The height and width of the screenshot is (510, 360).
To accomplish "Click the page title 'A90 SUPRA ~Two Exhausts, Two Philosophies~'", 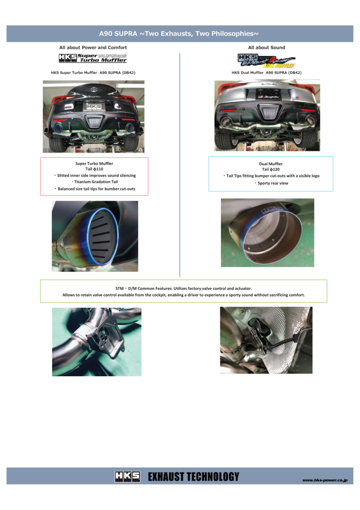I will pyautogui.click(x=179, y=33).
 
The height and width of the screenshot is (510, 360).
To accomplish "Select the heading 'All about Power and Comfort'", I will pyautogui.click(x=93, y=47).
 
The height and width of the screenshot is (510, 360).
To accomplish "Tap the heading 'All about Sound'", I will pyautogui.click(x=266, y=47).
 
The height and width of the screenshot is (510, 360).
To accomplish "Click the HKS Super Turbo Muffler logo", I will pyautogui.click(x=93, y=58).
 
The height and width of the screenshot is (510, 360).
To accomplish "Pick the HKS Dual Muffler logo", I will pyautogui.click(x=266, y=60).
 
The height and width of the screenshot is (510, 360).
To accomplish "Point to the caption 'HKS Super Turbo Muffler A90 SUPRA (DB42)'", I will pyautogui.click(x=93, y=72).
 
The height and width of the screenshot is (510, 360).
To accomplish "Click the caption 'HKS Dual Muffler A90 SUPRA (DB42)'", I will pyautogui.click(x=266, y=72).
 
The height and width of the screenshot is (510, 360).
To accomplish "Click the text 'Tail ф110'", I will pyautogui.click(x=94, y=169).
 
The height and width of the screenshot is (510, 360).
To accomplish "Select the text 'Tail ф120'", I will pyautogui.click(x=271, y=169).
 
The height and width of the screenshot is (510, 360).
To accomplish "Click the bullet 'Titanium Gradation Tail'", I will pyautogui.click(x=94, y=182).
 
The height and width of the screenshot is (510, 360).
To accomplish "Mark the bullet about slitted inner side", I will pyautogui.click(x=94, y=175).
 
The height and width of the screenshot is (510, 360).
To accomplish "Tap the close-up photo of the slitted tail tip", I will pyautogui.click(x=95, y=236).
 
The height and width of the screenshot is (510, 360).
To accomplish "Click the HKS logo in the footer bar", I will pyautogui.click(x=127, y=476).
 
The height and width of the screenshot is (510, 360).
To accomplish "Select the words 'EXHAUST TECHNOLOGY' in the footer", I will pyautogui.click(x=193, y=476).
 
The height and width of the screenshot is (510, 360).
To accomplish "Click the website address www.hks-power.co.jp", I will pyautogui.click(x=325, y=480).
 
